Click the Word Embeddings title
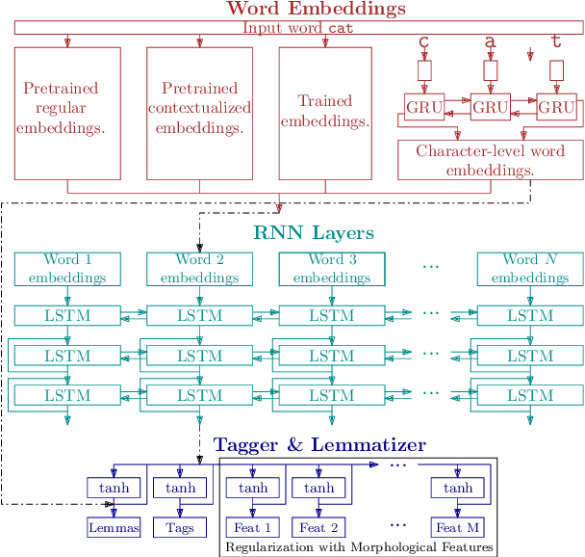[302, 10]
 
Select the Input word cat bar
[298, 28]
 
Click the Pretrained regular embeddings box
[67, 113]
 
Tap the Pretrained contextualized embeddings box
[199, 113]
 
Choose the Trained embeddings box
[324, 113]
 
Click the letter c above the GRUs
[423, 43]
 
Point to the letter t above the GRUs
[555, 41]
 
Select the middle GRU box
[489, 107]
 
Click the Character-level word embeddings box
[490, 160]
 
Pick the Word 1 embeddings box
[67, 269]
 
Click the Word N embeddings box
[530, 269]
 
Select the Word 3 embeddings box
[331, 269]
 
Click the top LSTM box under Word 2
[199, 315]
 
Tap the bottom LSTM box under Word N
[530, 395]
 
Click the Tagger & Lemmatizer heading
[318, 444]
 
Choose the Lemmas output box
[114, 527]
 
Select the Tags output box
[180, 527]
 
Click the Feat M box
[457, 527]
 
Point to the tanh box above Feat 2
[318, 488]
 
